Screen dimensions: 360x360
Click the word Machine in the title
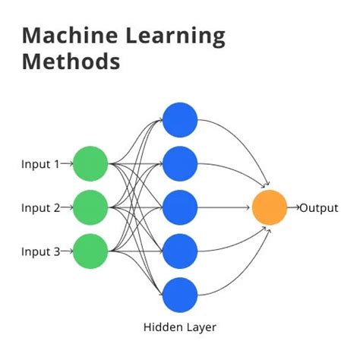pos(66,35)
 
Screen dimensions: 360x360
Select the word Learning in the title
pos(173,35)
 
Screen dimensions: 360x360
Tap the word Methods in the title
pos(71,61)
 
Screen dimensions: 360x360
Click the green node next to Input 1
pos(91,163)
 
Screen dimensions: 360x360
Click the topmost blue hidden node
pos(180,119)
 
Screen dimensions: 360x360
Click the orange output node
pos(270,207)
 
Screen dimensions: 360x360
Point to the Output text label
pos(319,207)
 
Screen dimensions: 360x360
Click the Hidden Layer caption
pos(180,328)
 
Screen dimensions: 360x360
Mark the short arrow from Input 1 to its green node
pos(65,163)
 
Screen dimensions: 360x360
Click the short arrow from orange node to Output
pos(293,207)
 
